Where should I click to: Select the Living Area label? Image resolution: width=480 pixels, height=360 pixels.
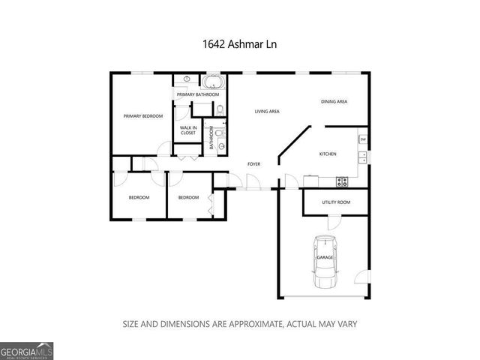pyautogui.click(x=267, y=111)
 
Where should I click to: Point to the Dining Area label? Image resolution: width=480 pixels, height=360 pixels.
pyautogui.click(x=334, y=101)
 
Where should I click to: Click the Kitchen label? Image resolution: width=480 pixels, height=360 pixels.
pyautogui.click(x=328, y=154)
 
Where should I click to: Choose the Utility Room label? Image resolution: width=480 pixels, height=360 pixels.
pyautogui.click(x=336, y=202)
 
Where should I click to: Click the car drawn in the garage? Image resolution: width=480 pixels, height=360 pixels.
pyautogui.click(x=325, y=261)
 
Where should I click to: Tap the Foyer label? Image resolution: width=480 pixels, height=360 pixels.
pyautogui.click(x=255, y=163)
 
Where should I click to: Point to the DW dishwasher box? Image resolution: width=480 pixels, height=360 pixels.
pyautogui.click(x=362, y=139)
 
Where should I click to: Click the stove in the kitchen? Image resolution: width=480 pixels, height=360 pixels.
pyautogui.click(x=342, y=180)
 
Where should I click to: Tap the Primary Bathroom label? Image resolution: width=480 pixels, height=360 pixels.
pyautogui.click(x=198, y=94)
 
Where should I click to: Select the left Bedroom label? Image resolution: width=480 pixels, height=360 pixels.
pyautogui.click(x=139, y=197)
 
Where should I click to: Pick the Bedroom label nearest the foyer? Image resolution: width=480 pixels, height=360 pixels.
pyautogui.click(x=188, y=197)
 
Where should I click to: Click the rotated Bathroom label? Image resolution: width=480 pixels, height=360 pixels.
pyautogui.click(x=212, y=138)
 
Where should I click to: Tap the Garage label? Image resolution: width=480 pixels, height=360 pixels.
pyautogui.click(x=325, y=257)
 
